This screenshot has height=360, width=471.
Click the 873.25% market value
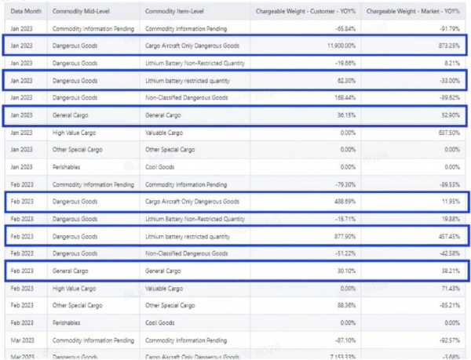click(x=447, y=46)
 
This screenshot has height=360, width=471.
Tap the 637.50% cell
click(x=447, y=133)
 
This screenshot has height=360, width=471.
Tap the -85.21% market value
click(x=447, y=306)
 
